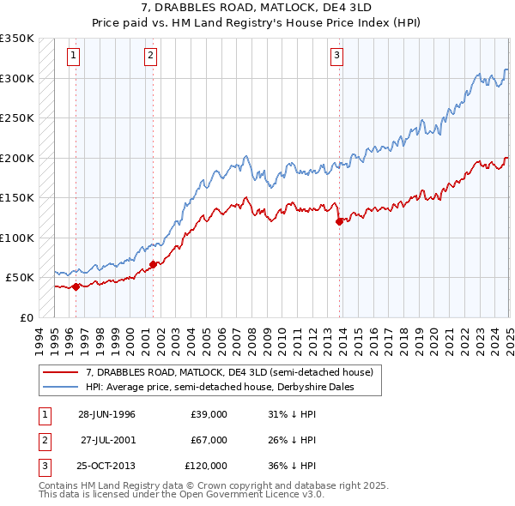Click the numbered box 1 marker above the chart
(74, 57)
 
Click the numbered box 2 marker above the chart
(150, 57)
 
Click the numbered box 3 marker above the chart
(337, 57)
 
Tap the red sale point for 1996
(76, 286)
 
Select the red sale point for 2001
(153, 264)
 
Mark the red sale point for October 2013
(339, 221)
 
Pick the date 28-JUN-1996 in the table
(106, 414)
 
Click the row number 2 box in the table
(43, 440)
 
